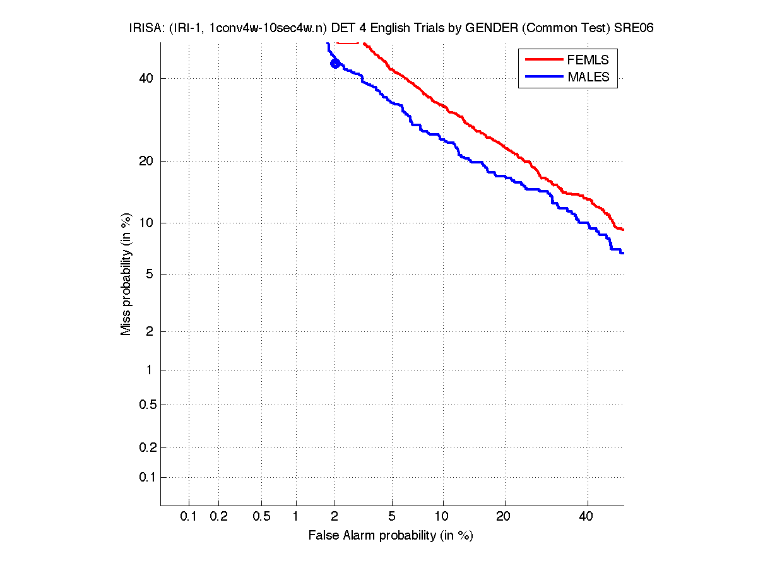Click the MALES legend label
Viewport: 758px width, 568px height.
pos(588,77)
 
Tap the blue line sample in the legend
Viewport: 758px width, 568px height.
pos(543,77)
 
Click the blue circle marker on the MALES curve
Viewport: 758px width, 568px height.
pos(335,63)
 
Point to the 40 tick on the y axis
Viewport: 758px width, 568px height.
pos(146,78)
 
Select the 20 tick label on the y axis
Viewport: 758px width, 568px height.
pos(146,161)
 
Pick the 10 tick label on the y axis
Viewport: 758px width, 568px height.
pos(146,223)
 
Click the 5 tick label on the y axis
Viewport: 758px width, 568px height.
pos(150,274)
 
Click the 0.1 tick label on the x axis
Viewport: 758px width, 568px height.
pos(188,517)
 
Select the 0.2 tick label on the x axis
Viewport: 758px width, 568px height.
pos(218,517)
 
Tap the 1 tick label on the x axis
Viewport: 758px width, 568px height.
pos(295,517)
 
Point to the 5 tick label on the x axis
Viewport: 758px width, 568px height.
pos(392,517)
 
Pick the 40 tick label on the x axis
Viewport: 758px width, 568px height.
pos(586,517)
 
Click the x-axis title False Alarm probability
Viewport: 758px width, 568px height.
pos(391,536)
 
